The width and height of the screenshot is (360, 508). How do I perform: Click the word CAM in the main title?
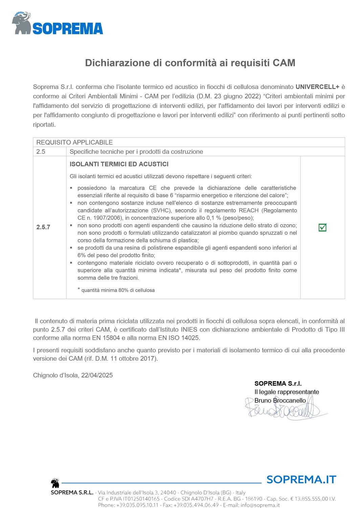(x=284, y=63)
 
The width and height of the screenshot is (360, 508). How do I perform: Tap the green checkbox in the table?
(x=322, y=228)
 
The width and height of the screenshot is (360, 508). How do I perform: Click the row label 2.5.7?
(x=43, y=227)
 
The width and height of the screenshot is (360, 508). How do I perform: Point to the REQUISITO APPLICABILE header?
(x=74, y=142)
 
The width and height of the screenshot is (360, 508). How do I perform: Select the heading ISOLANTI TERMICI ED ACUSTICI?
(x=119, y=164)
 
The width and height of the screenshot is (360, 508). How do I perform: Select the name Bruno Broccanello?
(x=280, y=401)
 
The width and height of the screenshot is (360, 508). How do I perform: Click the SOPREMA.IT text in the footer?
(x=301, y=480)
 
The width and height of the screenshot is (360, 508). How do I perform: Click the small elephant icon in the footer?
(x=55, y=483)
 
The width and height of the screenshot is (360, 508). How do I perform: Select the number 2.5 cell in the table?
(x=41, y=152)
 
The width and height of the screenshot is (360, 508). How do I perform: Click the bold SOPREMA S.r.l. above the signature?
(x=278, y=384)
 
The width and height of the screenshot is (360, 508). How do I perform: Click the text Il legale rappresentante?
(x=287, y=392)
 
